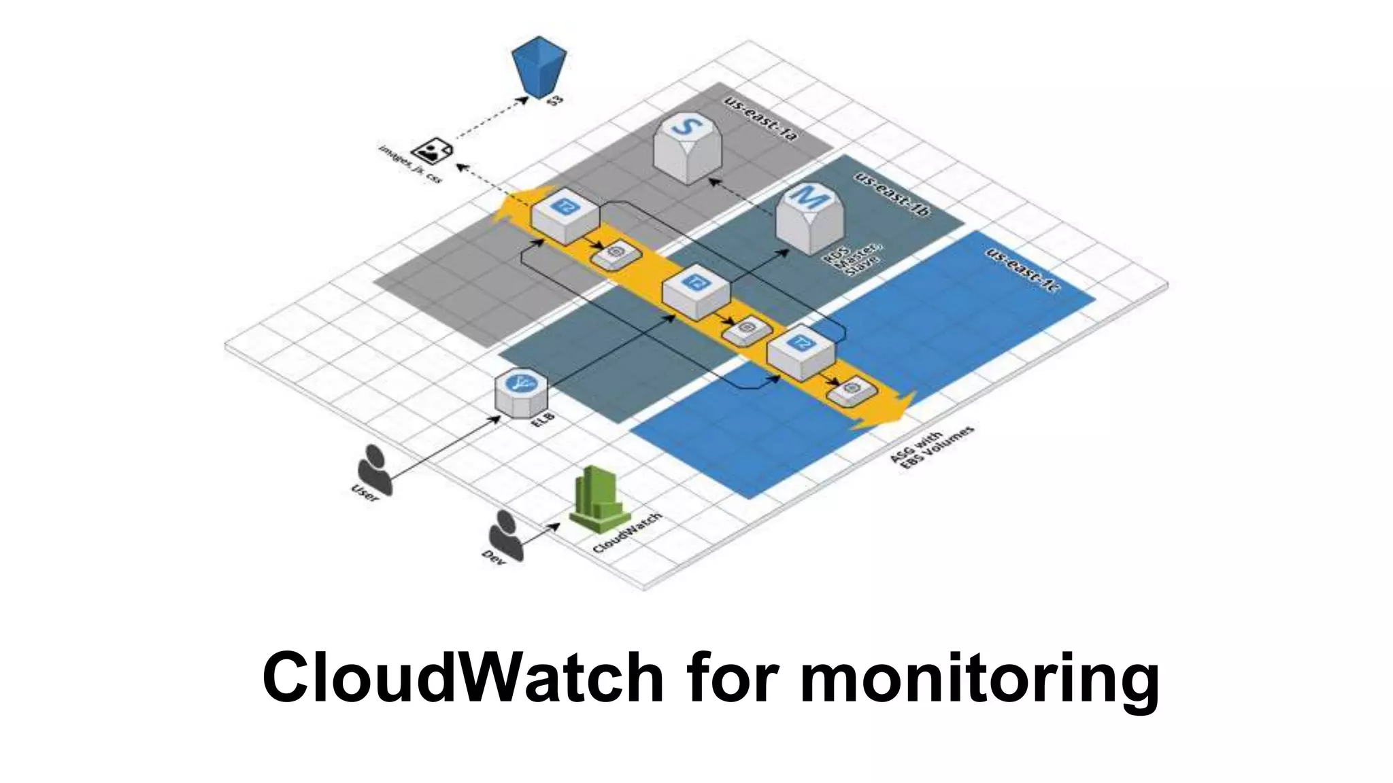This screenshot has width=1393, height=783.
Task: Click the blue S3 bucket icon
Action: click(539, 66)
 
